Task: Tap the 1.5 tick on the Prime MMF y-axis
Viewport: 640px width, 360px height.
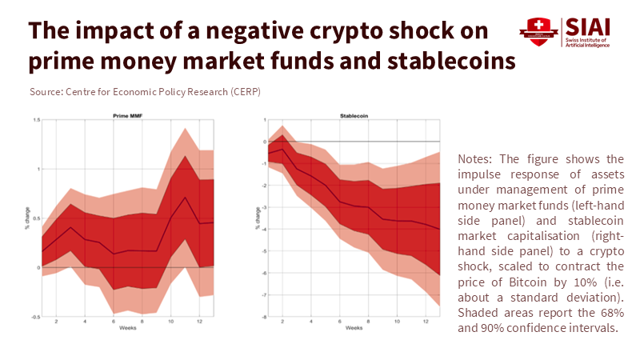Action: (x=35, y=120)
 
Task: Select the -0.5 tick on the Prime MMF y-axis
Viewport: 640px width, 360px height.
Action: (x=34, y=318)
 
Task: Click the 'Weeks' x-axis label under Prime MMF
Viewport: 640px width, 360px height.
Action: (x=127, y=328)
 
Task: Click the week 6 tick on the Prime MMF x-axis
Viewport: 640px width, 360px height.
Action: (x=113, y=322)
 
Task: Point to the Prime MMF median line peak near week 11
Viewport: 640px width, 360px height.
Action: (x=186, y=197)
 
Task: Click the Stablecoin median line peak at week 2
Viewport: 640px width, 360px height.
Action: (x=282, y=149)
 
